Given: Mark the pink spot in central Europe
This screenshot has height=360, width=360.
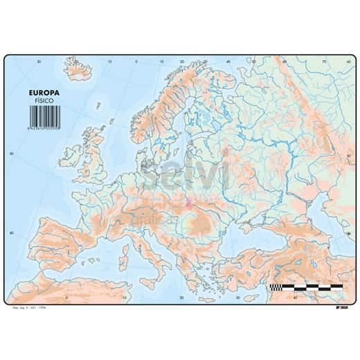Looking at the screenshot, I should [188, 205].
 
